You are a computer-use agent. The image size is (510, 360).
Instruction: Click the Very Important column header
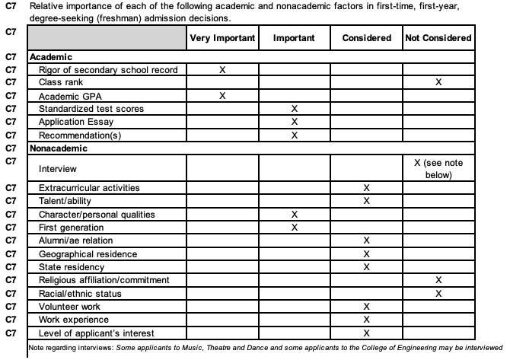(222, 37)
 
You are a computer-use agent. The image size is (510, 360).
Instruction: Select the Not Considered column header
(438, 37)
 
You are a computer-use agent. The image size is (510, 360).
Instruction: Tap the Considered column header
(366, 37)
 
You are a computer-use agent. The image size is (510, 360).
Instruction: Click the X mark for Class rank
(438, 82)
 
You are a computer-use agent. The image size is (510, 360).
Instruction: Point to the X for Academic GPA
(222, 95)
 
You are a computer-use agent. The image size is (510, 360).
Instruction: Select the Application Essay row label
(75, 122)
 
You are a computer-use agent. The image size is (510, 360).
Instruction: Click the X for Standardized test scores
(295, 109)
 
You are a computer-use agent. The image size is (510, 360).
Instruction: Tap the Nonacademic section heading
(58, 148)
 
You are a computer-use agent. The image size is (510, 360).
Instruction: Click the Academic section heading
(51, 56)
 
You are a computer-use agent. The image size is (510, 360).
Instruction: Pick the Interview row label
(57, 168)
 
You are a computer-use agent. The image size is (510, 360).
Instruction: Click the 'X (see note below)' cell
(438, 168)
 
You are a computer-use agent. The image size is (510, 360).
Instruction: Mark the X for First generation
(295, 228)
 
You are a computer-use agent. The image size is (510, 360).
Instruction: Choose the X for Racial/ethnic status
(438, 293)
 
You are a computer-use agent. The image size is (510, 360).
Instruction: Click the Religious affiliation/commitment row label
(104, 280)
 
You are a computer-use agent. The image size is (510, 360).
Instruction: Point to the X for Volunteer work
(366, 307)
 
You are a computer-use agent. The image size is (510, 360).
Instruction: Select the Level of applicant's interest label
(96, 333)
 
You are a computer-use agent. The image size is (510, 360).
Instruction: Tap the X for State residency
(366, 267)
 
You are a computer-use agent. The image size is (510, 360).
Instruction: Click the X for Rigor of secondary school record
(222, 69)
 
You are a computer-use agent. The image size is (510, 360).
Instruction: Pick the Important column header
(295, 37)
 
